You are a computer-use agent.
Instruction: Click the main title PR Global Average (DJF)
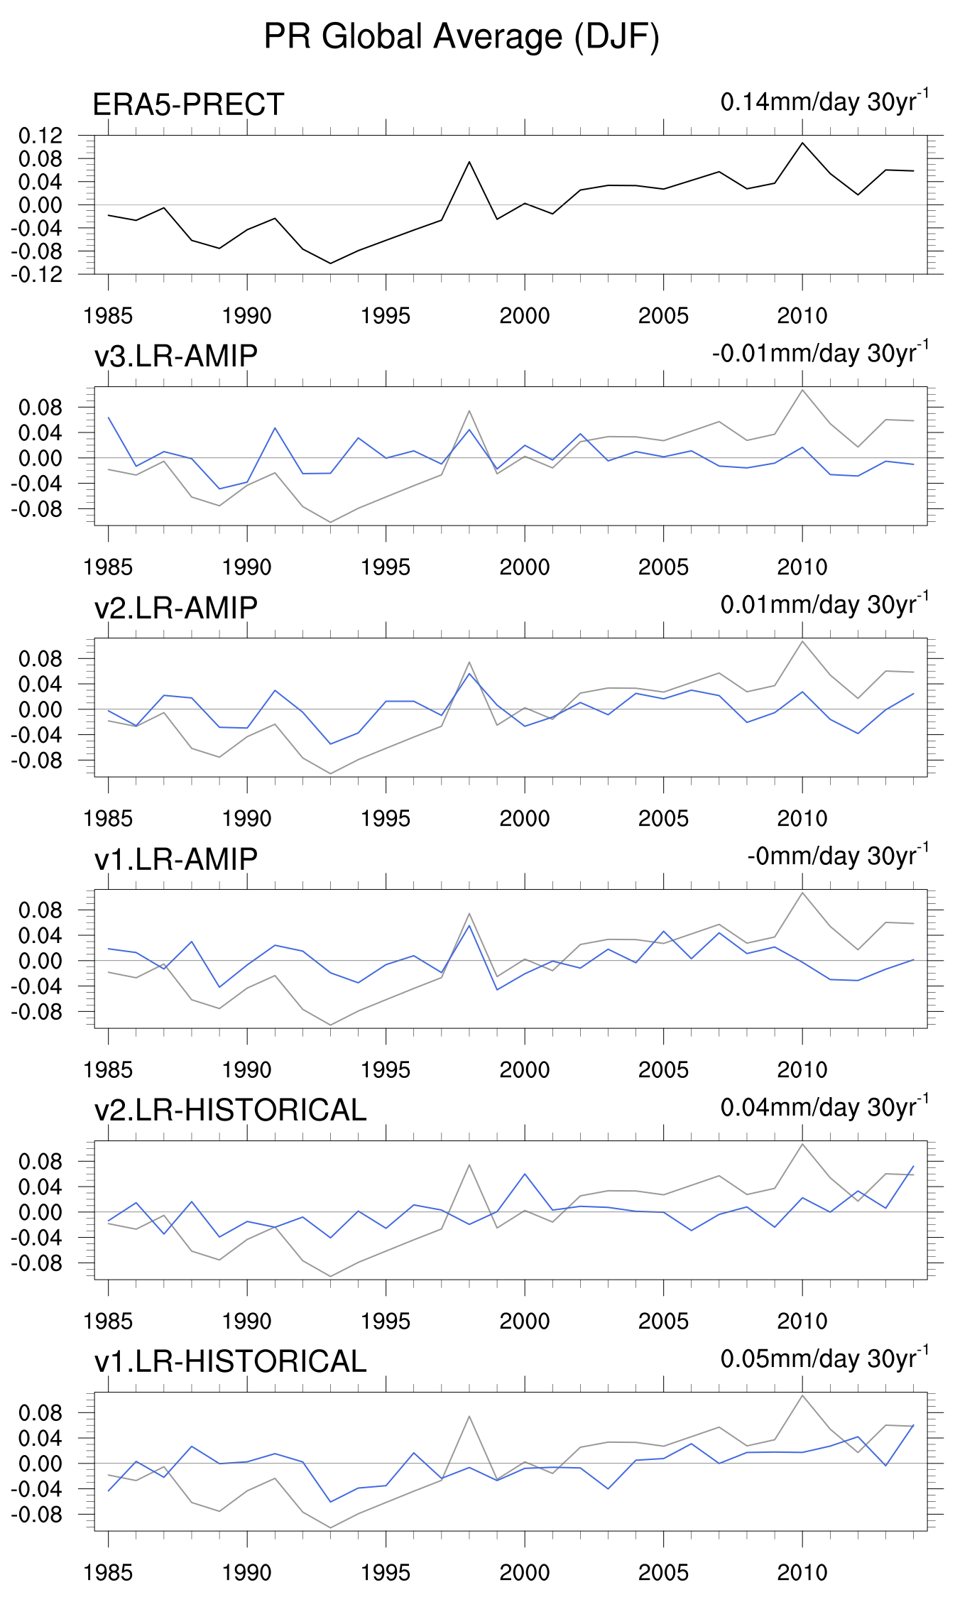coord(462,37)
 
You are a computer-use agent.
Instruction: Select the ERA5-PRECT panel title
coord(188,105)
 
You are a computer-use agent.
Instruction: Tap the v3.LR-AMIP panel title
coord(175,356)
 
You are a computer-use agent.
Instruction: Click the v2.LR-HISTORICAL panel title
coord(230,1111)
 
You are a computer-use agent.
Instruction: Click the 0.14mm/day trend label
coord(824,102)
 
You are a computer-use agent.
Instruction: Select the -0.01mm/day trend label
coord(819,353)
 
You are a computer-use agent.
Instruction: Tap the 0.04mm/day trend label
coord(824,1107)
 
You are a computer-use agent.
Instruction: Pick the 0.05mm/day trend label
coord(824,1358)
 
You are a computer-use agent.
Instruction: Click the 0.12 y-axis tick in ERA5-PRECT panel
coord(41,135)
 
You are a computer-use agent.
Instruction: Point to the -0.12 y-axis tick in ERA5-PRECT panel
coord(38,274)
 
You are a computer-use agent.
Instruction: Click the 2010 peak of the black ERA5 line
coord(802,143)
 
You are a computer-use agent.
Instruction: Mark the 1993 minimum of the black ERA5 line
coord(330,263)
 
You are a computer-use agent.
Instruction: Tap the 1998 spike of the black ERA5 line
coord(469,162)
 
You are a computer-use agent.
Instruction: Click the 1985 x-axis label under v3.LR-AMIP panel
coord(108,567)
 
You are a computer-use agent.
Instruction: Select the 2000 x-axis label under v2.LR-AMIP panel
coord(525,819)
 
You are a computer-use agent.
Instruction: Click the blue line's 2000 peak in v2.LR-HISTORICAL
coord(525,1174)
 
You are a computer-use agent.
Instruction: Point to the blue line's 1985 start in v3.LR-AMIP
coord(109,418)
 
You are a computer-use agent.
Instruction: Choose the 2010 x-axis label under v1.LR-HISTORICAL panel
coord(802,1573)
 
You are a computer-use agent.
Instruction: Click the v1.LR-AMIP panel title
coord(175,859)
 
